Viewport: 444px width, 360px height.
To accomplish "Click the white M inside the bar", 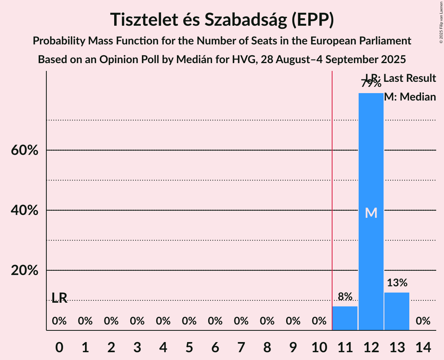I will (x=371, y=213).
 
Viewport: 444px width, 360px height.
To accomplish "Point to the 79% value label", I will (x=371, y=83).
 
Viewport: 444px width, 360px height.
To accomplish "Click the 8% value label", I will (x=345, y=297).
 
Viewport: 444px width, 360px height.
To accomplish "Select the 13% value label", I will (x=397, y=283).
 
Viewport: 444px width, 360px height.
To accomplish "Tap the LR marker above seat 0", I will (x=59, y=298).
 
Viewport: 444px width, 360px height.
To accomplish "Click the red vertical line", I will (x=332, y=195).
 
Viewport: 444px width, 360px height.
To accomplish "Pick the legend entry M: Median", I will (x=410, y=97).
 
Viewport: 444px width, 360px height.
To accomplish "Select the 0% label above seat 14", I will (x=423, y=321).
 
